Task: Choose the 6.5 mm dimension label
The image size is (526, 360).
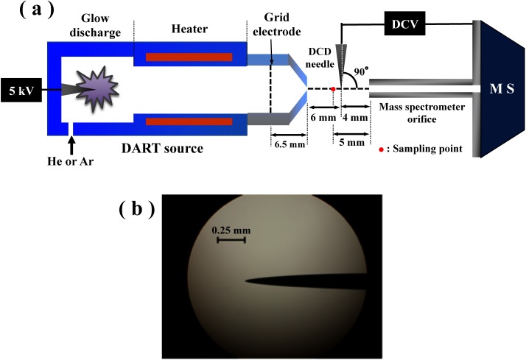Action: coord(287,146)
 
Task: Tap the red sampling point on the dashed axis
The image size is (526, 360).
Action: coord(333,89)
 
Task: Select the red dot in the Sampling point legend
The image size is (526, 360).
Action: coord(379,149)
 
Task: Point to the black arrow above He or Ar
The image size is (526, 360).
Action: coord(71,145)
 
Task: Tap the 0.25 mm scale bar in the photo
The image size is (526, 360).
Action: coord(231,239)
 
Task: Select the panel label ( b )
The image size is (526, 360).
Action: coord(136,209)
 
